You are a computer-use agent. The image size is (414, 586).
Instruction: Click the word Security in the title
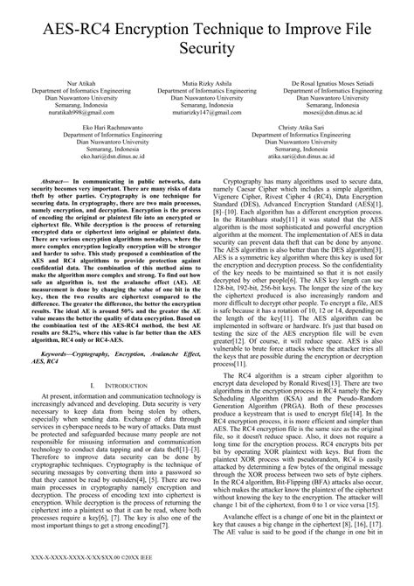207,48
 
